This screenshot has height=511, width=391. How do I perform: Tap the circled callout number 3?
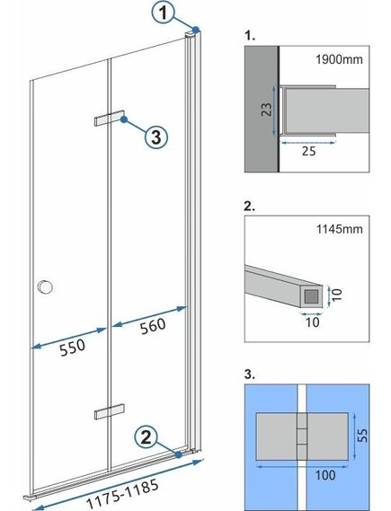155,137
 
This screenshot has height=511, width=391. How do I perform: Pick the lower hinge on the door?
107,412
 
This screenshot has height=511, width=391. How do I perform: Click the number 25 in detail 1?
308,154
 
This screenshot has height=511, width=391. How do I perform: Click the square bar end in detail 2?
310,294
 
